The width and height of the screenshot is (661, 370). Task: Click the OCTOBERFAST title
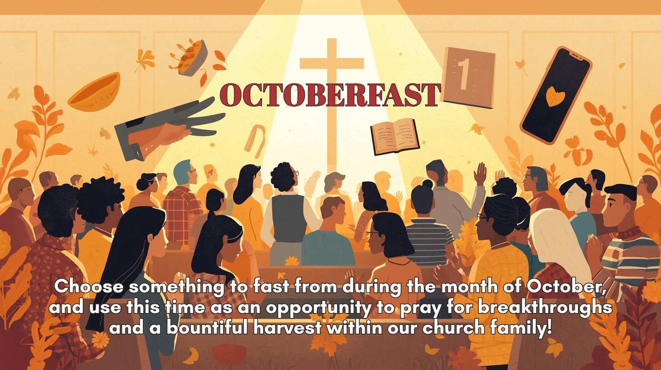330,95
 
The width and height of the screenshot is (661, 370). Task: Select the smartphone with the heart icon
556,95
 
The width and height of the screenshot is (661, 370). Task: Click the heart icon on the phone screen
555,96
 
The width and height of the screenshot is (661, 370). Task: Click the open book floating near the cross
395,137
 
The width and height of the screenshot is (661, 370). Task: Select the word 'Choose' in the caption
89,287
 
